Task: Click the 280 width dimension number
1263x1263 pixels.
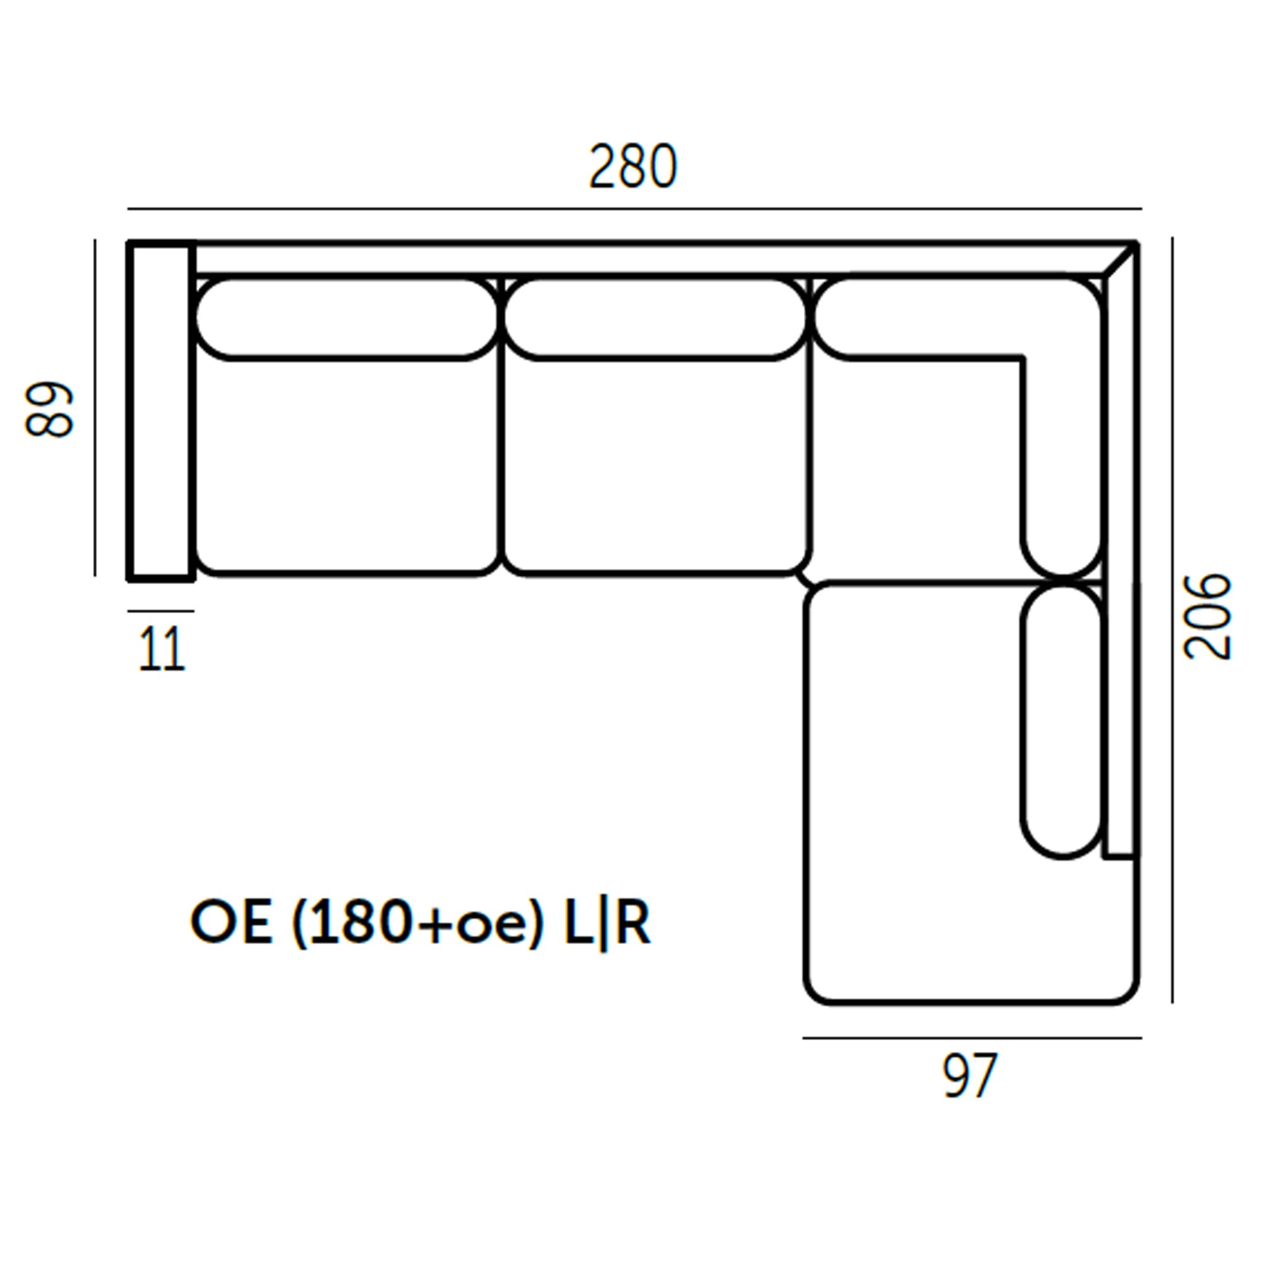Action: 633,166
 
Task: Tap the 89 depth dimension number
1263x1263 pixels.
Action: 49,409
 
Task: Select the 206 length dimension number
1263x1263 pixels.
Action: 1207,616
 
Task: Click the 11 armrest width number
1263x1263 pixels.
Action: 162,649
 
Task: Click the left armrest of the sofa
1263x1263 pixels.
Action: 161,410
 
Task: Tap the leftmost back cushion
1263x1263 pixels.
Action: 347,319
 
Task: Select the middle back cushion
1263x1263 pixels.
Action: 655,319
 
